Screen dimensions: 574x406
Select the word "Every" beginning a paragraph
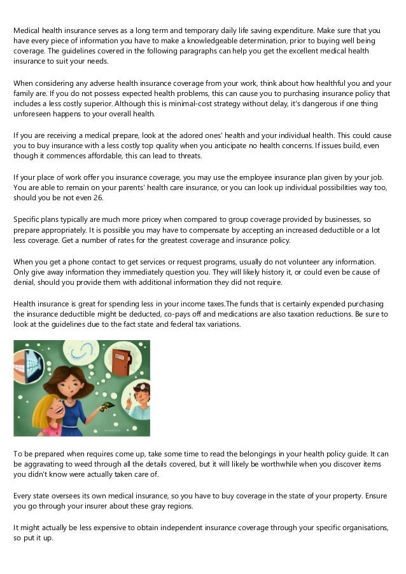[24, 496]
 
